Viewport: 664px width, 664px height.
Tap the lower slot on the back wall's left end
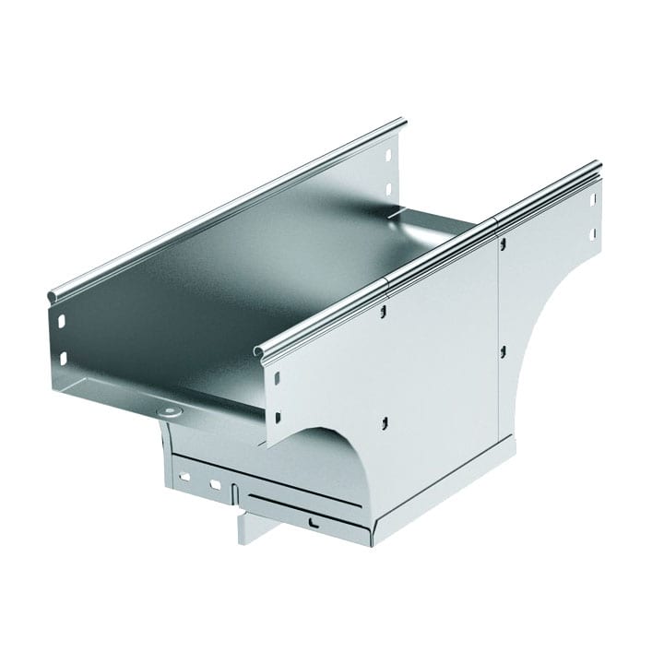[x=64, y=355]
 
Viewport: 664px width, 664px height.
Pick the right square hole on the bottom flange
[x=214, y=483]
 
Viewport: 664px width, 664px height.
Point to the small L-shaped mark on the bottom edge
[x=315, y=524]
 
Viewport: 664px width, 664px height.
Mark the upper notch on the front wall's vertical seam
[x=503, y=244]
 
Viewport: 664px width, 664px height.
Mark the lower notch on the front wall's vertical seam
[x=502, y=351]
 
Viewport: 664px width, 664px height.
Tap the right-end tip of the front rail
[x=598, y=167]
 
